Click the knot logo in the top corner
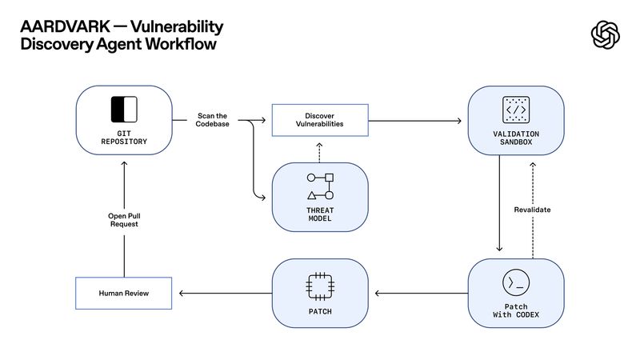click(x=606, y=35)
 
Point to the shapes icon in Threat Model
click(x=320, y=186)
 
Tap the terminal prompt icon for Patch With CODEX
click(x=515, y=283)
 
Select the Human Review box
click(x=124, y=294)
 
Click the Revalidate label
click(x=532, y=210)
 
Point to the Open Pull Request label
click(x=124, y=220)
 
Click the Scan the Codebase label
click(x=213, y=121)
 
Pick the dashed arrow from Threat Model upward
click(x=320, y=149)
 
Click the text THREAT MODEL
click(x=320, y=214)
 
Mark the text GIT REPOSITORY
click(x=124, y=138)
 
